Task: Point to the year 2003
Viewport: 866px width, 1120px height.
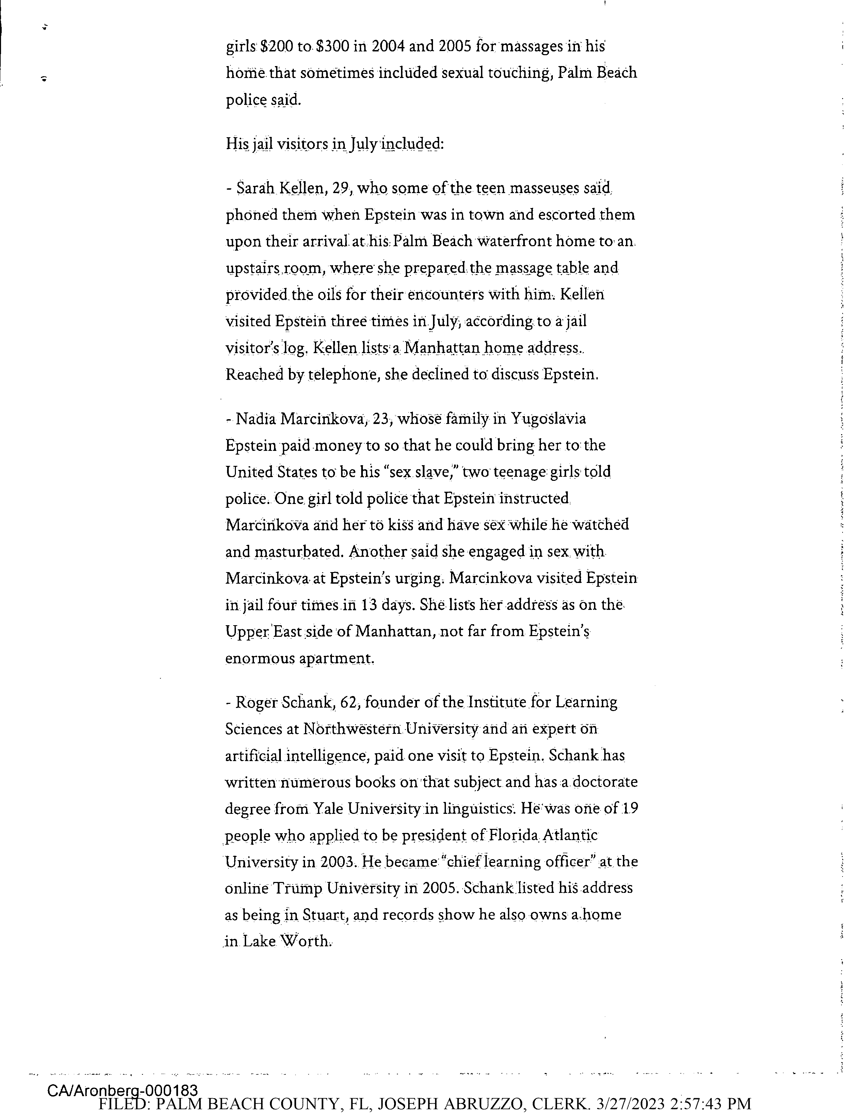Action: pyautogui.click(x=337, y=862)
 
